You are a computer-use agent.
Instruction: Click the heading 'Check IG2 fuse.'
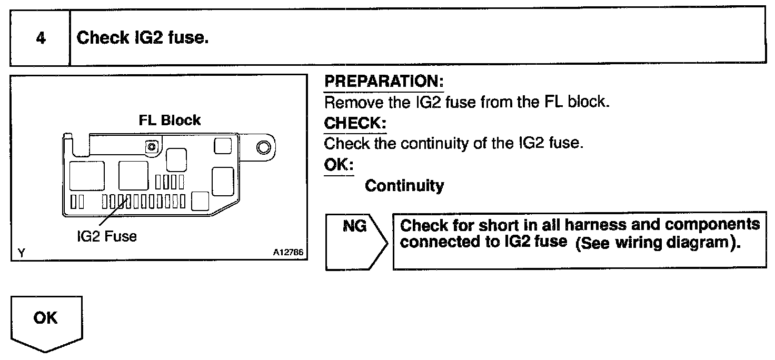[x=143, y=38]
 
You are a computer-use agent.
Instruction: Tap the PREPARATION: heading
[x=384, y=82]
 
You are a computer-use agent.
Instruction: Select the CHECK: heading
[x=355, y=123]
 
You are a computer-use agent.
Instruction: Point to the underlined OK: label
[x=339, y=165]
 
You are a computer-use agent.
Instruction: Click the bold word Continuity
[x=404, y=186]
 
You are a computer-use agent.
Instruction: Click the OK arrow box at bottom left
[x=46, y=322]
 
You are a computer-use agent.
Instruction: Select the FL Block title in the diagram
[x=170, y=120]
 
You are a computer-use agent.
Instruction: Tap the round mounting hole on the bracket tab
[x=262, y=146]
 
